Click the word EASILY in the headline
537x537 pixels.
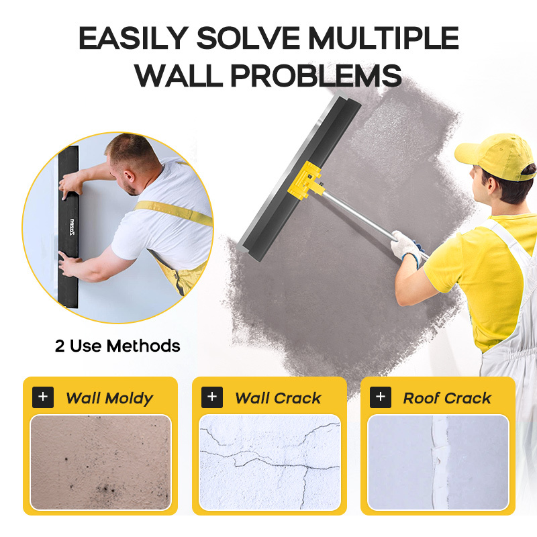pos(134,38)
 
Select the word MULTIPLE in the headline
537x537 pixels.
pos(383,38)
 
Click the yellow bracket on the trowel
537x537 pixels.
pos(304,181)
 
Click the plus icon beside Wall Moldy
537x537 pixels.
pos(43,397)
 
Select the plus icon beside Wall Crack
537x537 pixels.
pos(212,397)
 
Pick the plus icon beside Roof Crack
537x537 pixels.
pos(381,397)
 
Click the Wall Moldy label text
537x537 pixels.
pos(109,398)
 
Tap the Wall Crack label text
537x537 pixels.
pos(278,398)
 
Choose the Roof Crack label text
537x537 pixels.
pos(447,398)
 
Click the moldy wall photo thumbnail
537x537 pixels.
pos(101,462)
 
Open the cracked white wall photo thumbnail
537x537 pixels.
pos(270,462)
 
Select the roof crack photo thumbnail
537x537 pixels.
pos(438,462)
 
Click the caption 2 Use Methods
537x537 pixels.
pos(117,346)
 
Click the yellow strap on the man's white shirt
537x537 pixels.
pos(173,212)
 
